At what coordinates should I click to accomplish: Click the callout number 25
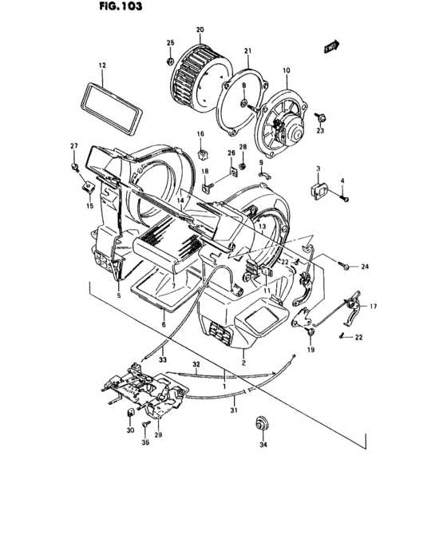(169, 42)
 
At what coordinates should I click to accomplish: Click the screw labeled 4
(344, 198)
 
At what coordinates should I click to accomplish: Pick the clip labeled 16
(200, 149)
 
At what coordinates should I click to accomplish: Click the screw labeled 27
(73, 165)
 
